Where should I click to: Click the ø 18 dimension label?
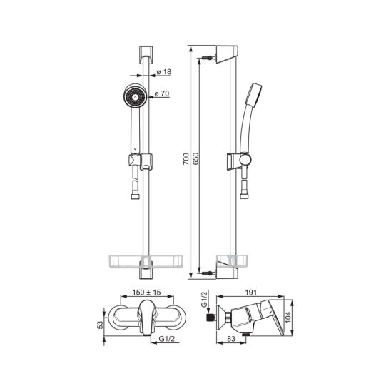(x=164, y=72)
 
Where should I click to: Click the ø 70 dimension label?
(x=162, y=93)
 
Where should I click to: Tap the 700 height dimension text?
(x=186, y=159)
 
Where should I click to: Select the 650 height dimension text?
(x=196, y=158)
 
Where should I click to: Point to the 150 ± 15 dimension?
(x=147, y=292)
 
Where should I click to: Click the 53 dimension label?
(x=100, y=325)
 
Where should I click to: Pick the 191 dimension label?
(x=250, y=292)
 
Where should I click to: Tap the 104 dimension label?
(x=288, y=317)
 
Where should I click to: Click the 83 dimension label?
(x=231, y=339)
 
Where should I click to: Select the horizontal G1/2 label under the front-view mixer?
(x=167, y=339)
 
